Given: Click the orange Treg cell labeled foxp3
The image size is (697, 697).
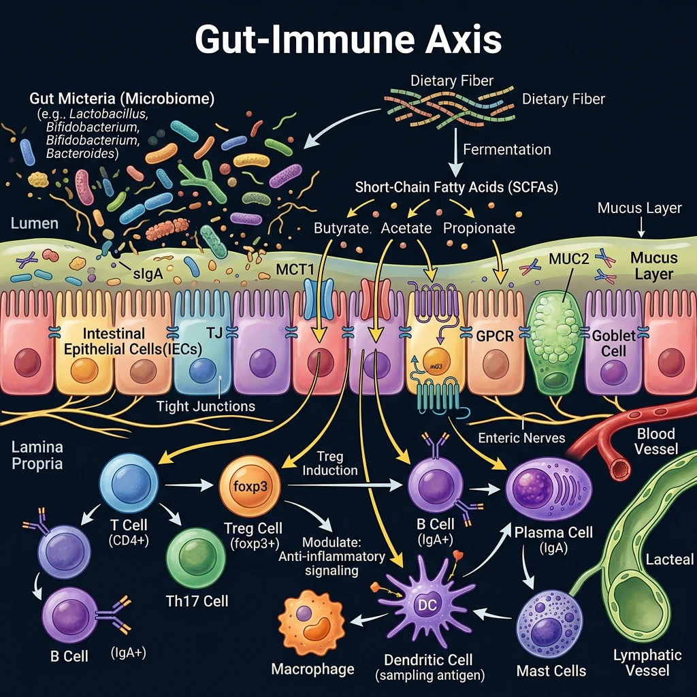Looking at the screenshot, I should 249,486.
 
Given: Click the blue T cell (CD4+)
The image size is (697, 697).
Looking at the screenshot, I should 129,484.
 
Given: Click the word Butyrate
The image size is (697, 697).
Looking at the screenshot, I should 341,228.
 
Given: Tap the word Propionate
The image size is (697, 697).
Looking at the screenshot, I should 479,228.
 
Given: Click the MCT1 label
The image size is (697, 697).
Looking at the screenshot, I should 295,270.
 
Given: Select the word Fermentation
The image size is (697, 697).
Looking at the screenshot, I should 507,149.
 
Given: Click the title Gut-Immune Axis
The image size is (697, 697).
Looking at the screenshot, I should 348,39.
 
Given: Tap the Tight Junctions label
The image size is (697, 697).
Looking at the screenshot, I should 206,406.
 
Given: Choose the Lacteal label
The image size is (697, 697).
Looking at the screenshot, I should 670,560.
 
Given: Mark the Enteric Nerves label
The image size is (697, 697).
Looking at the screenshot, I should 522,438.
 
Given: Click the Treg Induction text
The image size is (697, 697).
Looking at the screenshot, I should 329,463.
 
